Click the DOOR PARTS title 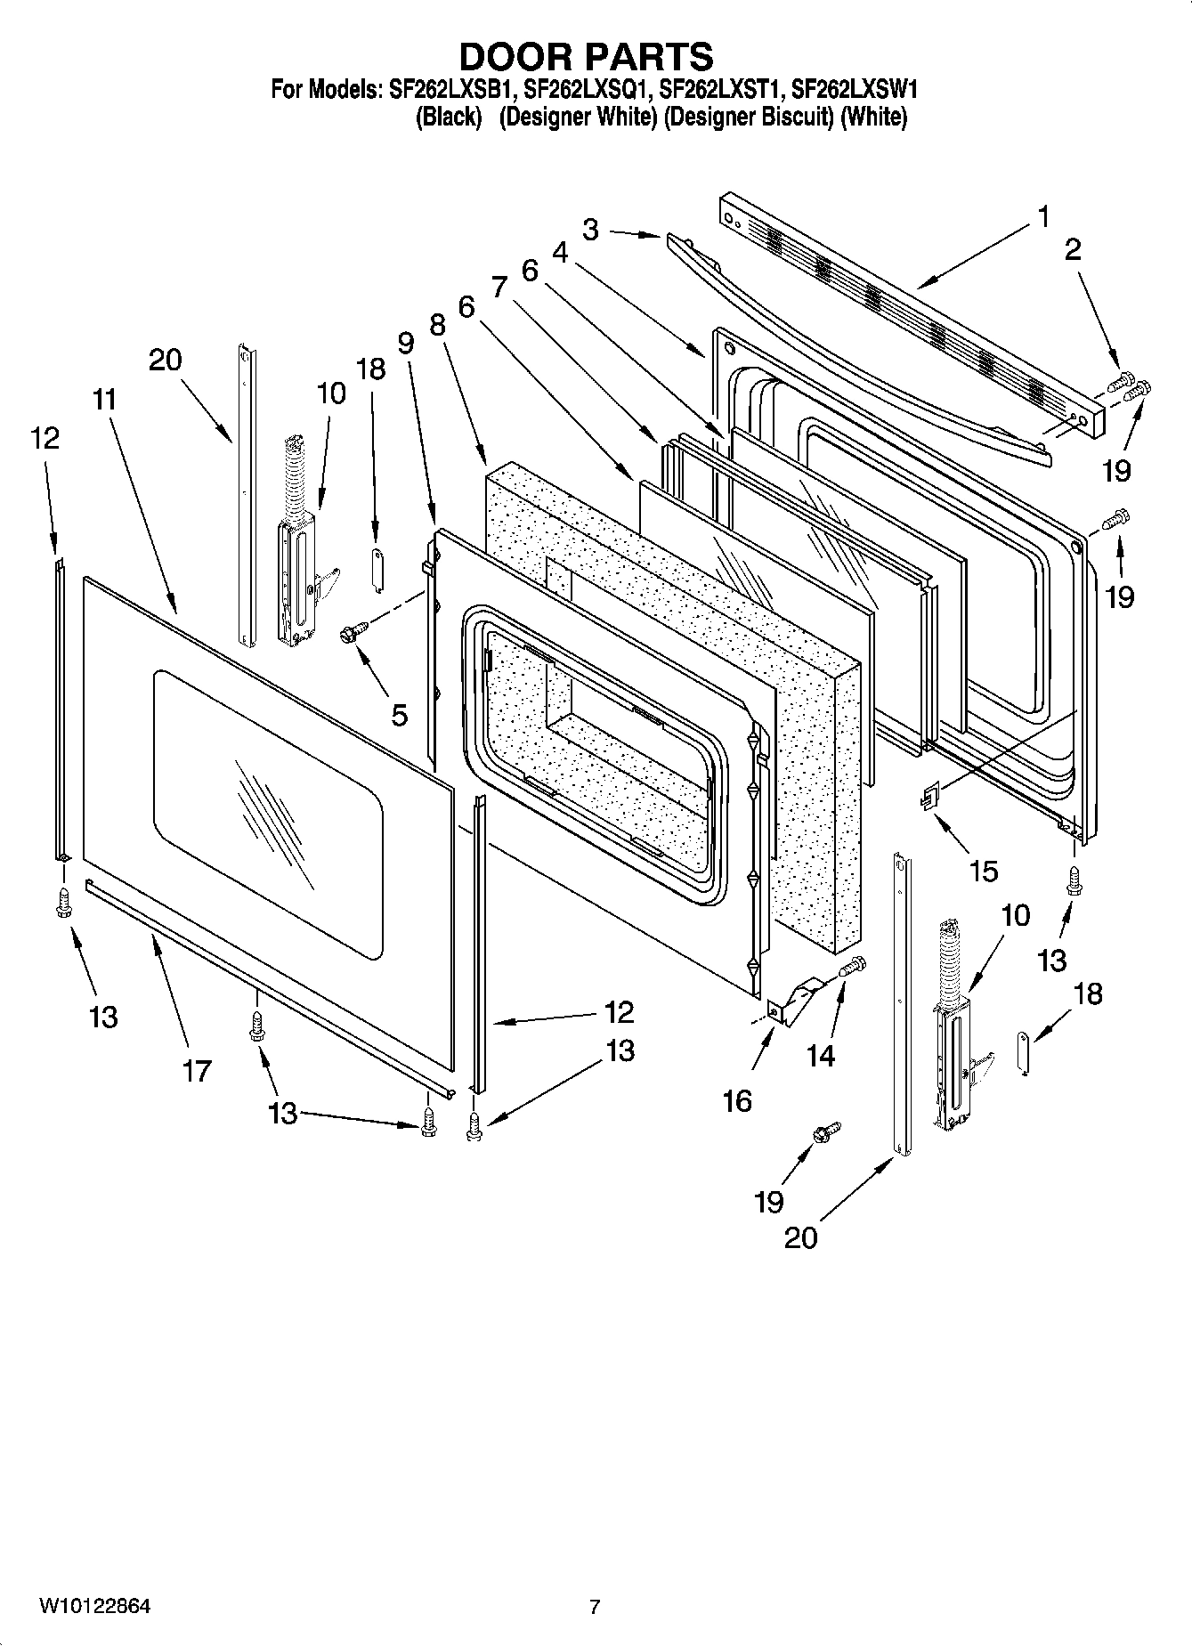click(586, 56)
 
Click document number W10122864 click(94, 1606)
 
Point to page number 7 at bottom click(595, 1607)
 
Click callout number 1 click(1042, 216)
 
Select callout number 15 click(983, 870)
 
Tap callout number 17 click(197, 1070)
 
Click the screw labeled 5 click(351, 633)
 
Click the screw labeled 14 click(853, 964)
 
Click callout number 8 click(436, 324)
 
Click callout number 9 click(406, 343)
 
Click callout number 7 click(499, 287)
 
